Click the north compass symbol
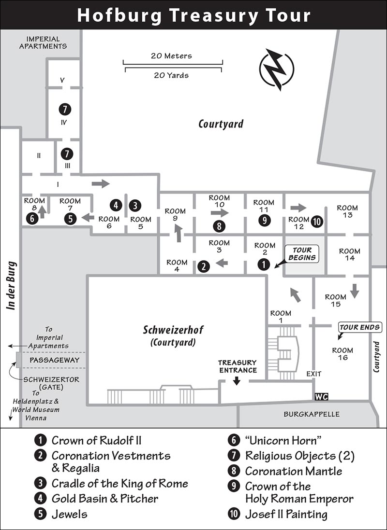[x=277, y=70]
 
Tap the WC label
[x=321, y=396]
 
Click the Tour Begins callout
[x=301, y=254]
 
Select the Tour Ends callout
[x=359, y=327]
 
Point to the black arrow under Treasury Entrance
[x=237, y=380]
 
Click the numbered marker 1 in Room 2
[x=264, y=264]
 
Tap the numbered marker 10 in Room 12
[x=317, y=222]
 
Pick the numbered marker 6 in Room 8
[x=32, y=218]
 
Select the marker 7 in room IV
[x=65, y=109]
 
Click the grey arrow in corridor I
[x=101, y=183]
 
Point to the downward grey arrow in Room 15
[x=355, y=291]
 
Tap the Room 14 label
[x=350, y=254]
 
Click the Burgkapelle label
[x=312, y=414]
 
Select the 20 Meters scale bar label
[x=171, y=56]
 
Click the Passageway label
[x=54, y=360]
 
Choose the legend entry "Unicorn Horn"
[x=283, y=440]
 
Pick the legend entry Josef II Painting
[x=286, y=514]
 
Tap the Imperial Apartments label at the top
[x=43, y=42]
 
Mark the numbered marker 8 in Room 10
[x=219, y=226]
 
